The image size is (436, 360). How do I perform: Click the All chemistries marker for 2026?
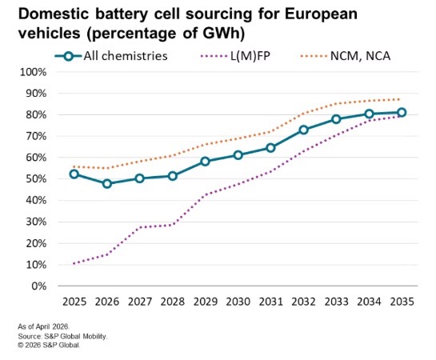tap(107, 184)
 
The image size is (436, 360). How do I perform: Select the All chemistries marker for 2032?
tap(304, 130)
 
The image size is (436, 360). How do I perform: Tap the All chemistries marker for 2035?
tap(402, 113)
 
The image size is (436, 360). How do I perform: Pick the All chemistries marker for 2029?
tap(206, 162)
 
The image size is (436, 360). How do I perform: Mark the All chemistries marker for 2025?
tap(74, 174)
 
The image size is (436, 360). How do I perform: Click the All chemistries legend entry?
tap(111, 56)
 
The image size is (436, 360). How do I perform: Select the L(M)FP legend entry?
tap(235, 56)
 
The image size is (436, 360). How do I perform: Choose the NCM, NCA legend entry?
tap(346, 56)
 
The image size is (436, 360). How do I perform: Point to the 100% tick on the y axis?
tap(33, 72)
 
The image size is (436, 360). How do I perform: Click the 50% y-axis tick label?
tap(36, 178)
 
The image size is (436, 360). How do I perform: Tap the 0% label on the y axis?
tap(39, 286)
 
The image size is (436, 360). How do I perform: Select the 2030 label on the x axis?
tap(238, 302)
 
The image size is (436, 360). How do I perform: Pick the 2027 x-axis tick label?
tap(140, 302)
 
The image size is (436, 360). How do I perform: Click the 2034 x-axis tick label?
tap(369, 302)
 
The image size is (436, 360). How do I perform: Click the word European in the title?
tap(321, 14)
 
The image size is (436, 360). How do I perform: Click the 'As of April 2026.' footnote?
tap(44, 326)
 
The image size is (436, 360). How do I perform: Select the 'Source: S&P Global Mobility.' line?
tap(62, 336)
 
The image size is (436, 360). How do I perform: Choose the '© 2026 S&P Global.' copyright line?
tap(49, 346)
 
